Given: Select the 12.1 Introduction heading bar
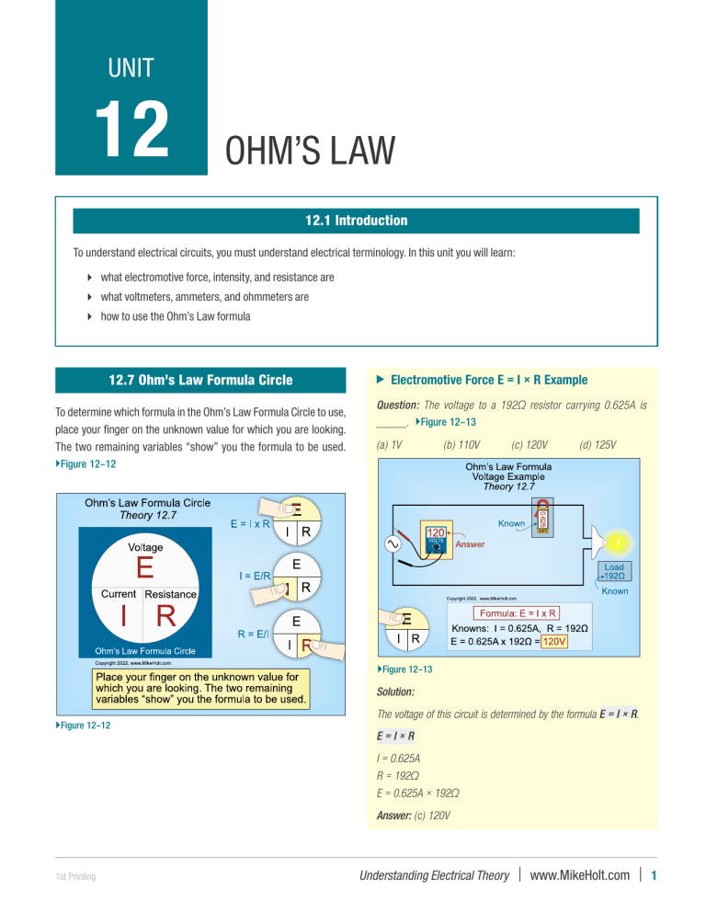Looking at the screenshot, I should point(356,221).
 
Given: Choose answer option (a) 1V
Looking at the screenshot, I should point(391,444).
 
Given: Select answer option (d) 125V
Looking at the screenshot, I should point(598,444).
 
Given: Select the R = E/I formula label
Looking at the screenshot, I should point(257,634).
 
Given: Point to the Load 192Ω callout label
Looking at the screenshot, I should point(614,572).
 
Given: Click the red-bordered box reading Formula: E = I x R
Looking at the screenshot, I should point(518,613).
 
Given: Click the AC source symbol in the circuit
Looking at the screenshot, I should point(393,545).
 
